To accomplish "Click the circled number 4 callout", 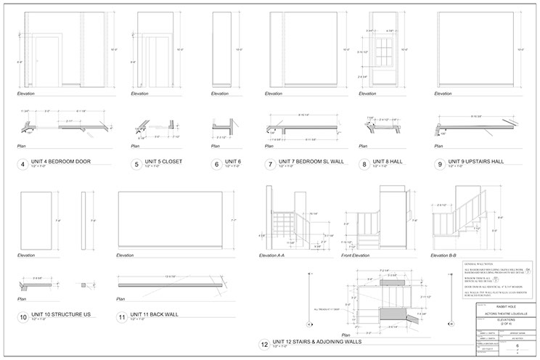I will [23, 165].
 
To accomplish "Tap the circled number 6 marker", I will [217, 165].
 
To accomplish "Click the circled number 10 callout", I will [23, 317].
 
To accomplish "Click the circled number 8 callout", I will [364, 165].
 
